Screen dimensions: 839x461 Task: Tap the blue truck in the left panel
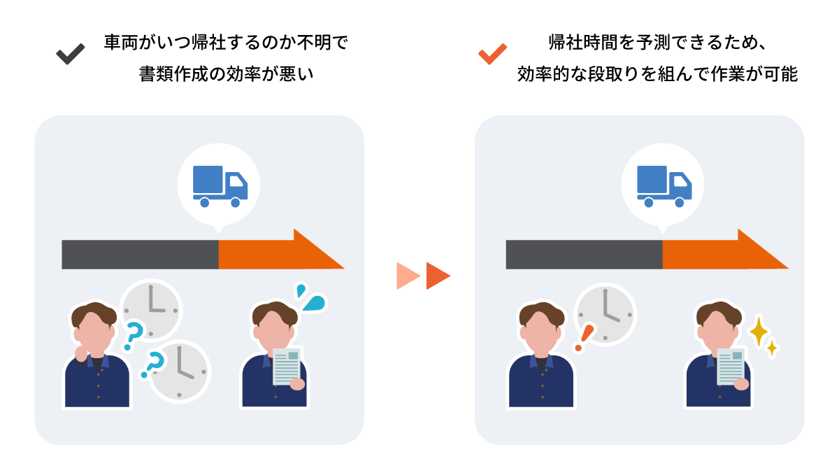pyautogui.click(x=220, y=186)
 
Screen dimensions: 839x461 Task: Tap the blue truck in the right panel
pyautogui.click(x=664, y=186)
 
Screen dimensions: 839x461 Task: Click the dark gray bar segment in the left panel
pyautogui.click(x=140, y=255)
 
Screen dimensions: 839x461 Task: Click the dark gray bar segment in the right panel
pyautogui.click(x=585, y=255)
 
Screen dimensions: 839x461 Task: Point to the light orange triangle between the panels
pyautogui.click(x=408, y=276)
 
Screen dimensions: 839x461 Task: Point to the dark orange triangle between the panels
pyautogui.click(x=438, y=276)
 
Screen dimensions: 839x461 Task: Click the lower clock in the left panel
pyautogui.click(x=180, y=371)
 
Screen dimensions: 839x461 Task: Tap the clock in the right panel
pyautogui.click(x=605, y=315)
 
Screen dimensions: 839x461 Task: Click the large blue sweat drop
pyautogui.click(x=314, y=303)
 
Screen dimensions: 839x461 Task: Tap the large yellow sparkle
pyautogui.click(x=759, y=332)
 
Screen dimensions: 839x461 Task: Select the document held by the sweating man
pyautogui.click(x=287, y=367)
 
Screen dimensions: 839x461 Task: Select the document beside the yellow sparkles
pyautogui.click(x=731, y=367)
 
